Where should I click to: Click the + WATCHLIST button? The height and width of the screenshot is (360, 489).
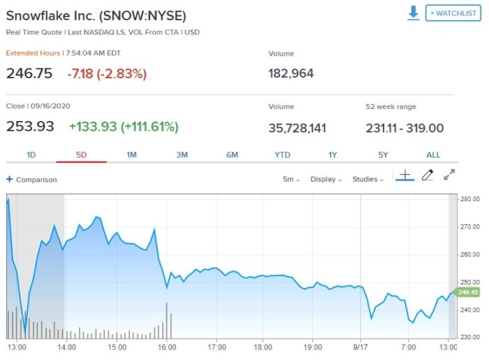click(x=453, y=13)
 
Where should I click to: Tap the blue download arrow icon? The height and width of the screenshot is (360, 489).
click(x=414, y=13)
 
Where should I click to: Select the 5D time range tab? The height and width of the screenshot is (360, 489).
click(x=81, y=154)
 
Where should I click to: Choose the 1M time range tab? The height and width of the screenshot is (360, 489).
click(x=131, y=154)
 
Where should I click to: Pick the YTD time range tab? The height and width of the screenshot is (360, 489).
click(x=282, y=154)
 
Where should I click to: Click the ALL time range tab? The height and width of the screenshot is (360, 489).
click(x=433, y=154)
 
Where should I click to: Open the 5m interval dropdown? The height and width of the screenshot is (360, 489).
click(x=291, y=179)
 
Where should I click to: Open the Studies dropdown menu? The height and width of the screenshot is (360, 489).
click(x=367, y=179)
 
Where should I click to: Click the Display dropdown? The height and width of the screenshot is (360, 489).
click(x=325, y=179)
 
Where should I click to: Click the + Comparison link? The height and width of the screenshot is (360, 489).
click(x=32, y=180)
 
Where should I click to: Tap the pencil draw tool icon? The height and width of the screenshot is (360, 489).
click(x=428, y=175)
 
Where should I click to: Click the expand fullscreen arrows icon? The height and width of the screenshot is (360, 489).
click(x=450, y=175)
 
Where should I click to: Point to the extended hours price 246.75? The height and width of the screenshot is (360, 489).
click(x=29, y=73)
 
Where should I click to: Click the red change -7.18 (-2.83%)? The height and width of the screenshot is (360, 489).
click(x=107, y=73)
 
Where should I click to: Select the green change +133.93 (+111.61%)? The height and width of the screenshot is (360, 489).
click(x=124, y=127)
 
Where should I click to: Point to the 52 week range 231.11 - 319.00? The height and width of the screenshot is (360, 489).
click(x=404, y=128)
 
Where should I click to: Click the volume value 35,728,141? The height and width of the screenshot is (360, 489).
click(x=297, y=128)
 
